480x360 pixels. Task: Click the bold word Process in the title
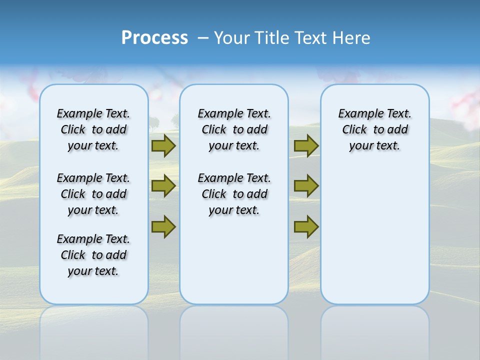click(154, 37)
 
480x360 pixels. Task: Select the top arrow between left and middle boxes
click(163, 145)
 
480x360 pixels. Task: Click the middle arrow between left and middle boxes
click(163, 186)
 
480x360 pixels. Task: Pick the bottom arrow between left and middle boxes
click(163, 226)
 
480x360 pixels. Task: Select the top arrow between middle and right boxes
click(306, 145)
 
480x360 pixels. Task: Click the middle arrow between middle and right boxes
click(306, 186)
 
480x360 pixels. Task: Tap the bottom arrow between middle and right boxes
click(306, 226)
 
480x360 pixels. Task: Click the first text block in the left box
click(93, 129)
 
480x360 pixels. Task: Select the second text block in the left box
click(93, 194)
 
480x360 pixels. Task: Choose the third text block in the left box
click(93, 255)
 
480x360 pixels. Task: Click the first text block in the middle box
click(234, 129)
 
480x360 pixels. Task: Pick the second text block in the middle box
click(234, 194)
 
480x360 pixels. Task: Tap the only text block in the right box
click(374, 129)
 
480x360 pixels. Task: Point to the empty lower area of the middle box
click(234, 260)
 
